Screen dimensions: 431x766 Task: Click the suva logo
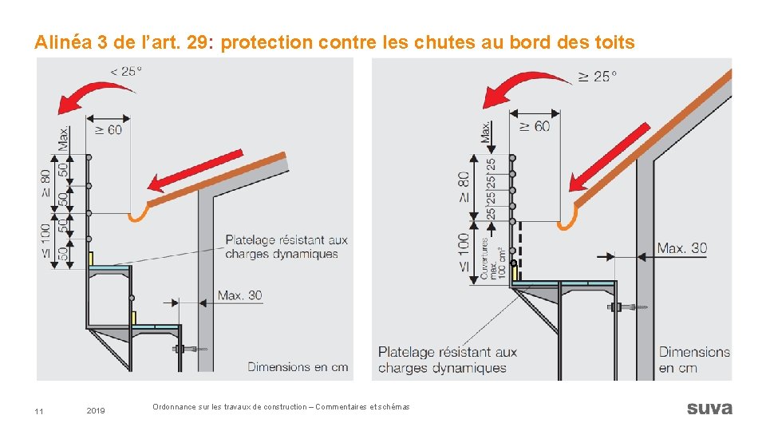click(x=709, y=408)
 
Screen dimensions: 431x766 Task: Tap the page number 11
click(x=39, y=411)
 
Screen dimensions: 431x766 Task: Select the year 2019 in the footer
click(x=95, y=411)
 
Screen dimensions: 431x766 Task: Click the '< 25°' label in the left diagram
click(x=126, y=71)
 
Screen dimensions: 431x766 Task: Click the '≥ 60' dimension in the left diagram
click(x=109, y=129)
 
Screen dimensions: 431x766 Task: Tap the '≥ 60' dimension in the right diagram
click(x=535, y=126)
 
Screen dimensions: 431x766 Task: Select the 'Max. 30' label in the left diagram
click(x=240, y=295)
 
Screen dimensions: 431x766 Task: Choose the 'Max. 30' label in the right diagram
click(x=682, y=248)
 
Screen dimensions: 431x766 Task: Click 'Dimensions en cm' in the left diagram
click(x=298, y=367)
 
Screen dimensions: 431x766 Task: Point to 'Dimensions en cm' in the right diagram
click(x=693, y=359)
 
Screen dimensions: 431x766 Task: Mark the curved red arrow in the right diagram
click(x=522, y=87)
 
